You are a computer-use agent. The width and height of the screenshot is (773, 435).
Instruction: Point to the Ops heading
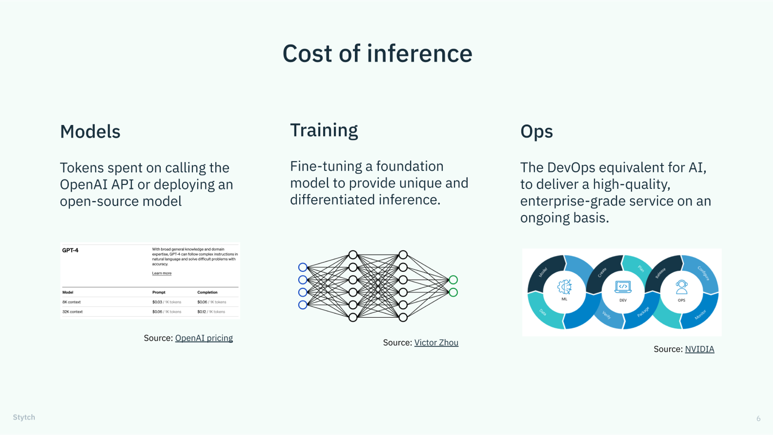(x=536, y=132)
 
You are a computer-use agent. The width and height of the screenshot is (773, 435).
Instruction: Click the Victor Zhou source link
(x=436, y=343)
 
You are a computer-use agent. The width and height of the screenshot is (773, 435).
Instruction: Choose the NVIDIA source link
(x=700, y=349)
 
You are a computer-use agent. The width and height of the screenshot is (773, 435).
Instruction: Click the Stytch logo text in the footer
(x=24, y=417)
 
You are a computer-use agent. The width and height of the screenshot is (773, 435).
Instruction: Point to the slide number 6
(x=758, y=419)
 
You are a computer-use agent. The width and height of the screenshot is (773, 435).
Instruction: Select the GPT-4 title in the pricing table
(x=70, y=250)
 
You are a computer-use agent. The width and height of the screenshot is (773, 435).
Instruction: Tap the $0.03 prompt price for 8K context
(x=157, y=302)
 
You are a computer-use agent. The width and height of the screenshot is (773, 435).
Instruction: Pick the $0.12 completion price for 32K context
(x=202, y=312)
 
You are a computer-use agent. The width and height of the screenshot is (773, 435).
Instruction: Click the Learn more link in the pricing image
(x=162, y=273)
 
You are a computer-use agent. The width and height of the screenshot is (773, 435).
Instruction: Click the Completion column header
(x=207, y=292)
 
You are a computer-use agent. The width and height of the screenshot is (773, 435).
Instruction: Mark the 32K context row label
(x=72, y=312)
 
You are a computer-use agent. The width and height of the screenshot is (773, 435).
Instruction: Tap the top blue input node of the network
(x=303, y=267)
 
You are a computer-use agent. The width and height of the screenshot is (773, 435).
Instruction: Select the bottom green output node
(x=453, y=292)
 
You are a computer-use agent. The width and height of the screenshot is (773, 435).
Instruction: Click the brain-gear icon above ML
(x=564, y=287)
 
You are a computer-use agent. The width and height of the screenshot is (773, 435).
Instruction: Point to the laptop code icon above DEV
(x=623, y=287)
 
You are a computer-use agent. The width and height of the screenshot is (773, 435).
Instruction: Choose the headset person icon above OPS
(x=681, y=287)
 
